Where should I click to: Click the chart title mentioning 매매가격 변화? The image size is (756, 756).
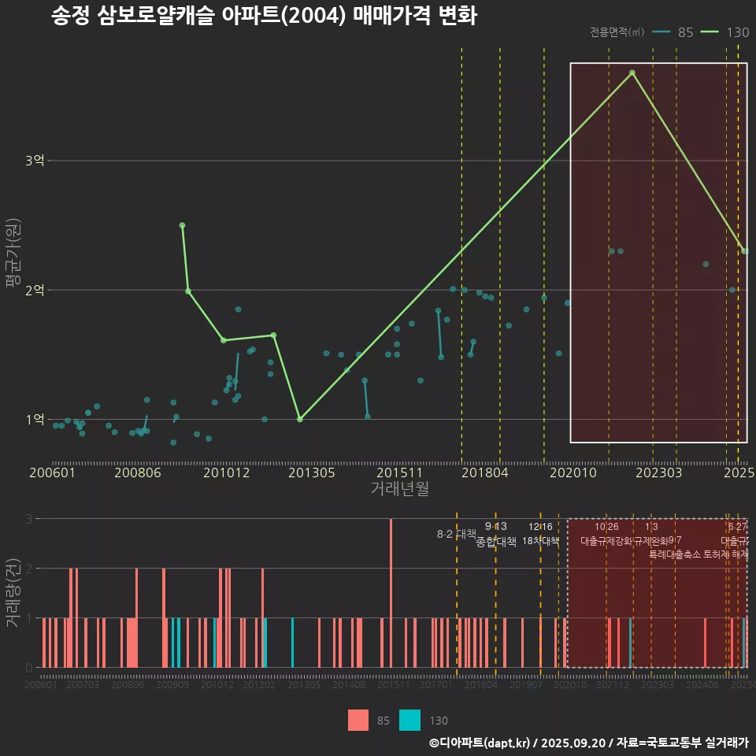click(264, 16)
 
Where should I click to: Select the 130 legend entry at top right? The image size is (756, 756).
click(724, 32)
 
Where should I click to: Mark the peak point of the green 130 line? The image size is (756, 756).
click(632, 73)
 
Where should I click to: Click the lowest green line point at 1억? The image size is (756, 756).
click(300, 419)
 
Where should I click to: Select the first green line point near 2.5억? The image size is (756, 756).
click(182, 225)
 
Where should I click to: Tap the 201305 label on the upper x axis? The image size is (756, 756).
click(312, 473)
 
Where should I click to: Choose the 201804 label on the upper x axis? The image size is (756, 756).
click(484, 473)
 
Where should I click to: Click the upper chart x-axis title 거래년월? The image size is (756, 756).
click(399, 489)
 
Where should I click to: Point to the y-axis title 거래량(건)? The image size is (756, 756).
click(12, 592)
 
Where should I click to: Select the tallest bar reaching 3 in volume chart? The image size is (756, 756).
click(391, 592)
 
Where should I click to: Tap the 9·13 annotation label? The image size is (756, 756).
click(495, 526)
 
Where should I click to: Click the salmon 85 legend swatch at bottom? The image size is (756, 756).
click(358, 720)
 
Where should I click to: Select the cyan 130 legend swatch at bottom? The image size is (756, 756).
click(409, 720)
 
